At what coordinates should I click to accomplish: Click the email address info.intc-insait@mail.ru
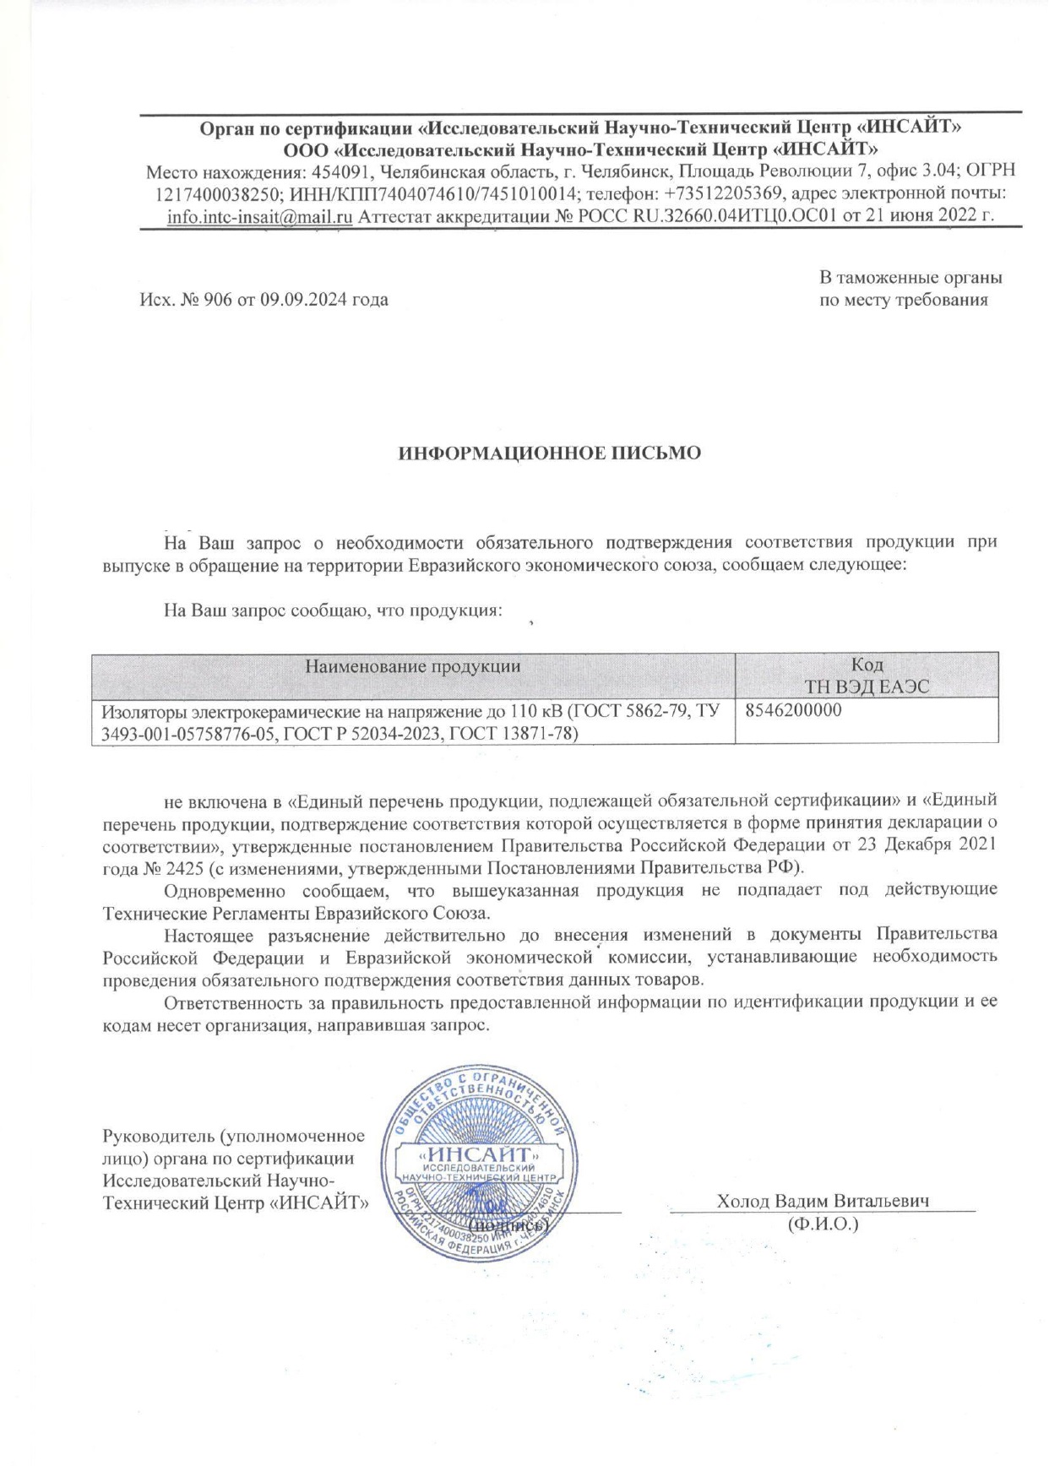coord(259,216)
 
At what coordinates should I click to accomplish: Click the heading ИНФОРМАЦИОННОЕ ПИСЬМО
coord(549,453)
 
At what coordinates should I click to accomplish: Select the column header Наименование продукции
coord(412,665)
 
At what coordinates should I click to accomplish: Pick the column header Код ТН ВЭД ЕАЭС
coord(867,676)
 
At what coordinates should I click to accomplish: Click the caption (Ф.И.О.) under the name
coord(822,1223)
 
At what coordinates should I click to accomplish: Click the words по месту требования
coord(903,300)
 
